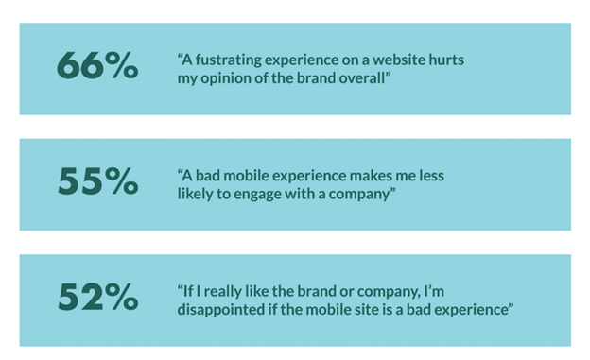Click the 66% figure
(97, 67)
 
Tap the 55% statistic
(97, 182)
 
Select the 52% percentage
(97, 298)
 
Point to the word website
(405, 60)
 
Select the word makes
(371, 175)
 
